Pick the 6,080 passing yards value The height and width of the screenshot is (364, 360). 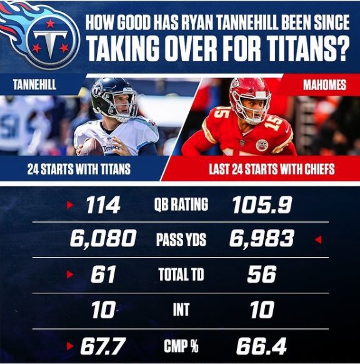[104, 238]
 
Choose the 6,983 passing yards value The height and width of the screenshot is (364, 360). [262, 238]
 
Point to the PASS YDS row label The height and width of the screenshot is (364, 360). [181, 239]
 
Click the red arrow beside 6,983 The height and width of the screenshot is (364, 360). [318, 239]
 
